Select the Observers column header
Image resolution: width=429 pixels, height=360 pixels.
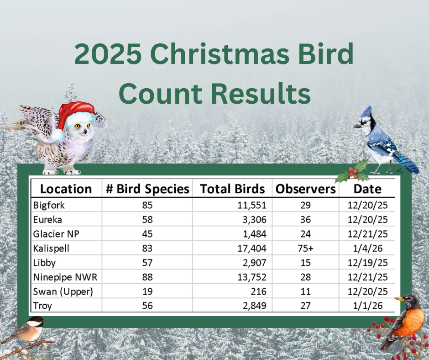tap(305, 189)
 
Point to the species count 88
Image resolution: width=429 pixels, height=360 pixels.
tap(147, 277)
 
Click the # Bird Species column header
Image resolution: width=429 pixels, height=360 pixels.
tap(147, 189)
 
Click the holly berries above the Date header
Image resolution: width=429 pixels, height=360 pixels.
tap(352, 173)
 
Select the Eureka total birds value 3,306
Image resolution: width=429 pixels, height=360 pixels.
tap(252, 219)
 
